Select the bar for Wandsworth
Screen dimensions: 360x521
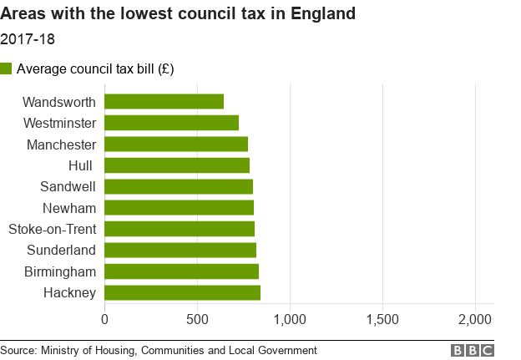pos(164,102)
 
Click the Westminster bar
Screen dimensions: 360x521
pos(171,123)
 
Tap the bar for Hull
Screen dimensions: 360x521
pos(177,165)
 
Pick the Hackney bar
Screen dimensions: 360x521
pos(182,292)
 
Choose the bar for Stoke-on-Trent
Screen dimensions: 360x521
pos(180,229)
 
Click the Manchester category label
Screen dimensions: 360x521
pos(60,145)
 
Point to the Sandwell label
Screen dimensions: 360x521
pos(68,186)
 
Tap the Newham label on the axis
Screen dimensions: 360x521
pos(69,208)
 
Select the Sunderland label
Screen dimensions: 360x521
pos(61,250)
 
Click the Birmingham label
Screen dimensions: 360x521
pos(60,271)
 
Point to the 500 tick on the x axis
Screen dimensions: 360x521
pos(197,318)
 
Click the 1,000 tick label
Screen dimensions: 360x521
pos(290,318)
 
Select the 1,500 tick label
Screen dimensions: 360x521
pos(382,318)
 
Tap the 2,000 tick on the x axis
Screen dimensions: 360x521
pos(475,318)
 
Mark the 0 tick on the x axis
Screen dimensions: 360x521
pos(105,318)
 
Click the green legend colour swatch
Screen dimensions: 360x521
pos(7,68)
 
